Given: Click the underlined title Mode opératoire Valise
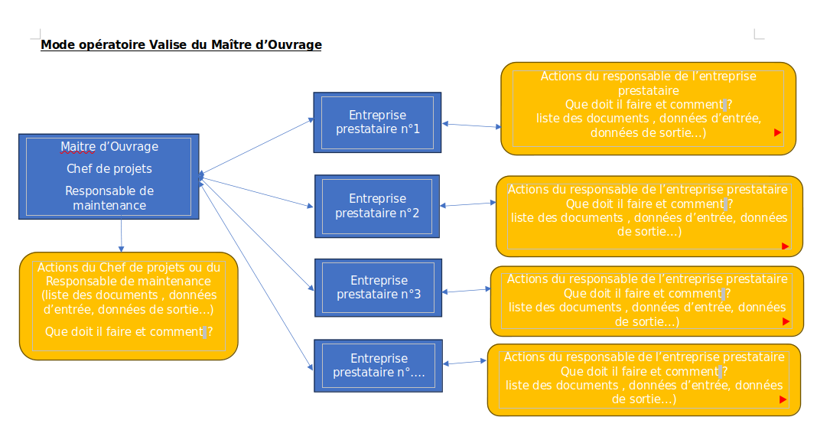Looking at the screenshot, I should point(181,45).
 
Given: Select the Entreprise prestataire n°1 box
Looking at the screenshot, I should point(377,122).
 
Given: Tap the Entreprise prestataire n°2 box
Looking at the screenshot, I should point(377,206).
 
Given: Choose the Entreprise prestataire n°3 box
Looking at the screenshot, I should point(378,287).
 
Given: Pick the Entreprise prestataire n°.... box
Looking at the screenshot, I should point(378,365).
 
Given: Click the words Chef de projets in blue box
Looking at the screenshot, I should point(109,168).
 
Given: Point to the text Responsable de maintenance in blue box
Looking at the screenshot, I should point(109,198).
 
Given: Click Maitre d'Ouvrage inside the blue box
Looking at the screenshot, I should point(109,146).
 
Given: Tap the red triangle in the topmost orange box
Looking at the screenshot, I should point(777,132).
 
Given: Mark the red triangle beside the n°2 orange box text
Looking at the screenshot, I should point(785,246).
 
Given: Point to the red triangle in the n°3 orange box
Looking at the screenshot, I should point(786,322).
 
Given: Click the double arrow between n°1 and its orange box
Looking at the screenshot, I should point(470,125).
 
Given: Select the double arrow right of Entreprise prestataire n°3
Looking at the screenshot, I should point(466,290).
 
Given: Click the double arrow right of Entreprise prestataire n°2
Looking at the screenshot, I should point(468,204).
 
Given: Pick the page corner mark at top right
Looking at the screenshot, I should point(758,34).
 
